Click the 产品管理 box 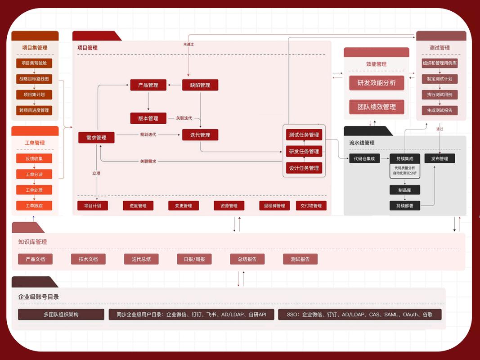pyautogui.click(x=148, y=85)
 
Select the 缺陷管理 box pyautogui.click(x=200, y=85)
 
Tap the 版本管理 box pyautogui.click(x=148, y=118)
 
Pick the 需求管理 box pyautogui.click(x=96, y=138)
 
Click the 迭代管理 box pyautogui.click(x=200, y=135)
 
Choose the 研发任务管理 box pyautogui.click(x=304, y=151)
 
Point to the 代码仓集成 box pyautogui.click(x=364, y=158)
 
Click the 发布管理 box pyautogui.click(x=440, y=158)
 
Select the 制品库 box pyautogui.click(x=404, y=190)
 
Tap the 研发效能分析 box pyautogui.click(x=377, y=83)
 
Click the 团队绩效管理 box pyautogui.click(x=377, y=107)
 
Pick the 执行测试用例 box pyautogui.click(x=440, y=94)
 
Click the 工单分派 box pyautogui.click(x=34, y=174)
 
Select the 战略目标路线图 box pyautogui.click(x=34, y=79)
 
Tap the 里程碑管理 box pyautogui.click(x=272, y=206)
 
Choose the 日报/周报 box pyautogui.click(x=194, y=259)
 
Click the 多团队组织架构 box pyautogui.click(x=61, y=315)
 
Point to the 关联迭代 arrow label pyautogui.click(x=184, y=118)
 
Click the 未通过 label pyautogui.click(x=188, y=44)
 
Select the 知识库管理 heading pyautogui.click(x=32, y=242)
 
